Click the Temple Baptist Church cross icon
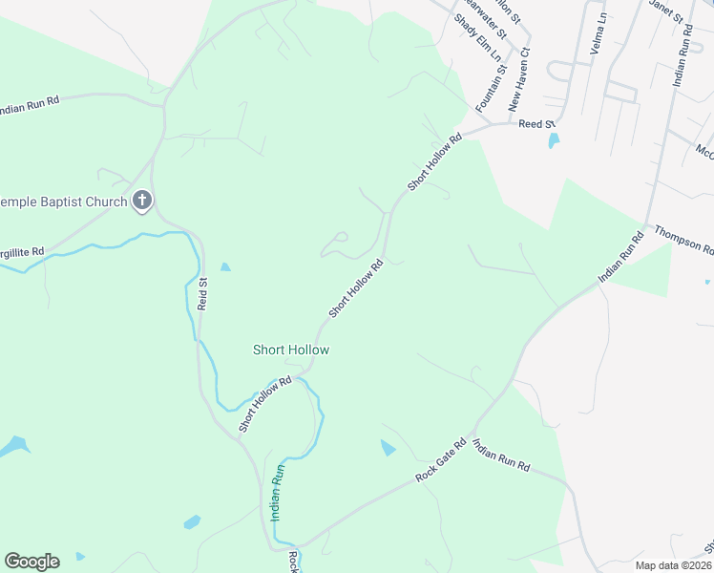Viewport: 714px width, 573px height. point(142,201)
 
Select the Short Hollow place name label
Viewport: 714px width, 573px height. point(290,350)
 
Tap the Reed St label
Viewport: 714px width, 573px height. point(535,124)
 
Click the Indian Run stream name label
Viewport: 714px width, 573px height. point(278,493)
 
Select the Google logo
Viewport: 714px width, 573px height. point(31,562)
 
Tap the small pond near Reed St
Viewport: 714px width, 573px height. point(554,141)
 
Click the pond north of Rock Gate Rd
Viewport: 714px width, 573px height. point(388,448)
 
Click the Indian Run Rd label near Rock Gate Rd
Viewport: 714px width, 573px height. point(501,457)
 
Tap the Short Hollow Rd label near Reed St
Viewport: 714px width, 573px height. point(434,162)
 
